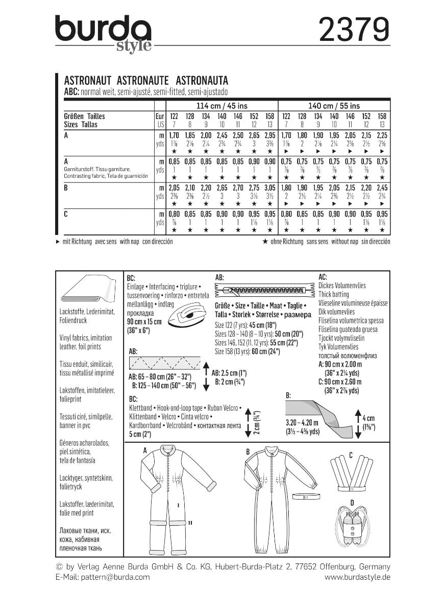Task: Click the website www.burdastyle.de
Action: [x=357, y=577]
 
